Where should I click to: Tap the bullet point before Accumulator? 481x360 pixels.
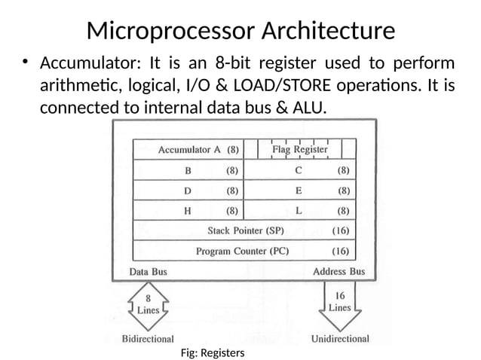pyautogui.click(x=25, y=63)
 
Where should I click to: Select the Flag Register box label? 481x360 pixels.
pyautogui.click(x=299, y=149)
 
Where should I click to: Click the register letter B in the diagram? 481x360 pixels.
pyautogui.click(x=188, y=170)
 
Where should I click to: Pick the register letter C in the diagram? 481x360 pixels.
pyautogui.click(x=299, y=170)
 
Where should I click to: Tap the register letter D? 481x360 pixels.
pyautogui.click(x=188, y=191)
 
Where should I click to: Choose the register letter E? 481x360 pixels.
pyautogui.click(x=299, y=191)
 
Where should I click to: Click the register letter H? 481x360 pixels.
pyautogui.click(x=188, y=211)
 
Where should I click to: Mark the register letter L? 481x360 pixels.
pyautogui.click(x=299, y=211)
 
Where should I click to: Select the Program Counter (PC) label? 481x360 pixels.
pyautogui.click(x=242, y=251)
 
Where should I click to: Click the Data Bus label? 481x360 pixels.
pyautogui.click(x=148, y=271)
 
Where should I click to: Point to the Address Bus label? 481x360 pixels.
pyautogui.click(x=339, y=271)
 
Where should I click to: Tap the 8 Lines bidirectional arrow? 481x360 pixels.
pyautogui.click(x=148, y=305)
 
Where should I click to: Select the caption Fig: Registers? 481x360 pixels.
pyautogui.click(x=213, y=352)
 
